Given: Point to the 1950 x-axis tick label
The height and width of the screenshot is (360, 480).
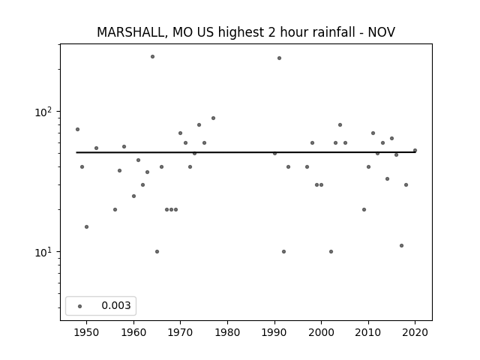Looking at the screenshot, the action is tap(87, 332).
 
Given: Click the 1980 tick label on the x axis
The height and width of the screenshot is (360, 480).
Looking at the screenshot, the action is tap(227, 332).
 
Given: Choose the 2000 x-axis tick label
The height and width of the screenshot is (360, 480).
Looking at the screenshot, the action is tap(321, 332).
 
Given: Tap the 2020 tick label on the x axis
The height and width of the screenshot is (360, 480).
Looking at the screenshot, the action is tap(415, 332).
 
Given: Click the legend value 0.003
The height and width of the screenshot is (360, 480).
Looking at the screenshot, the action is tap(116, 305).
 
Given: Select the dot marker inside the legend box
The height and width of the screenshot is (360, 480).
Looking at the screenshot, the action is tap(80, 306).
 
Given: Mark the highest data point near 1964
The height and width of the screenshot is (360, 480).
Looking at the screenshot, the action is tap(152, 57).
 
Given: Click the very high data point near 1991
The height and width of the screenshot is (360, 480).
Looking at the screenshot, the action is tap(279, 58).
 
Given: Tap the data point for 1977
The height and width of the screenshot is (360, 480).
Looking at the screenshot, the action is tap(213, 118).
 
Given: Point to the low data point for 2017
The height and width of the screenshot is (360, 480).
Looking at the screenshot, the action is tap(402, 245).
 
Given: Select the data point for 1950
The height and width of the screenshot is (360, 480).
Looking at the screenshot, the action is tap(87, 226).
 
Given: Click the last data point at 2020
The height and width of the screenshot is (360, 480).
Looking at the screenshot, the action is tap(415, 150).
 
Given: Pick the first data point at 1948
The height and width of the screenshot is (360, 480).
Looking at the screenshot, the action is tap(77, 130).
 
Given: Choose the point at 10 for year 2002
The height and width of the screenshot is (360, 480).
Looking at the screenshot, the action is tap(331, 252).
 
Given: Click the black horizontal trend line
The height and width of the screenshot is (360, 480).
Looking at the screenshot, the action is tap(246, 152).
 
